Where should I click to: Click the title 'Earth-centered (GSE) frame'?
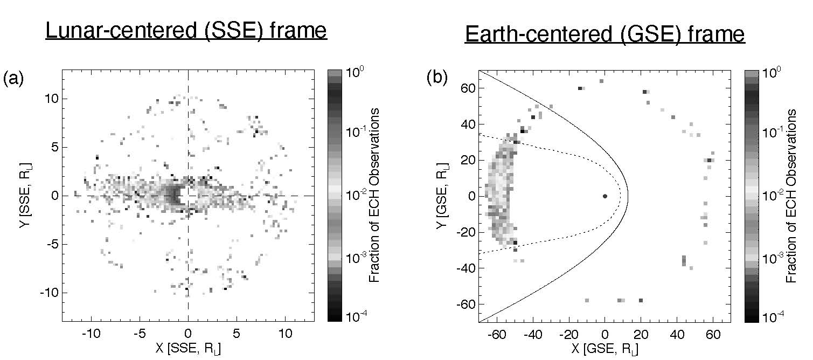click(604, 35)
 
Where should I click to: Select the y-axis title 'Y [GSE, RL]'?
click(443, 196)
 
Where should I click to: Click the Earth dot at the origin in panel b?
click(605, 196)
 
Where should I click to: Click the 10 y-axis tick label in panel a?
click(50, 99)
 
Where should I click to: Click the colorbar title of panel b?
click(791, 195)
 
